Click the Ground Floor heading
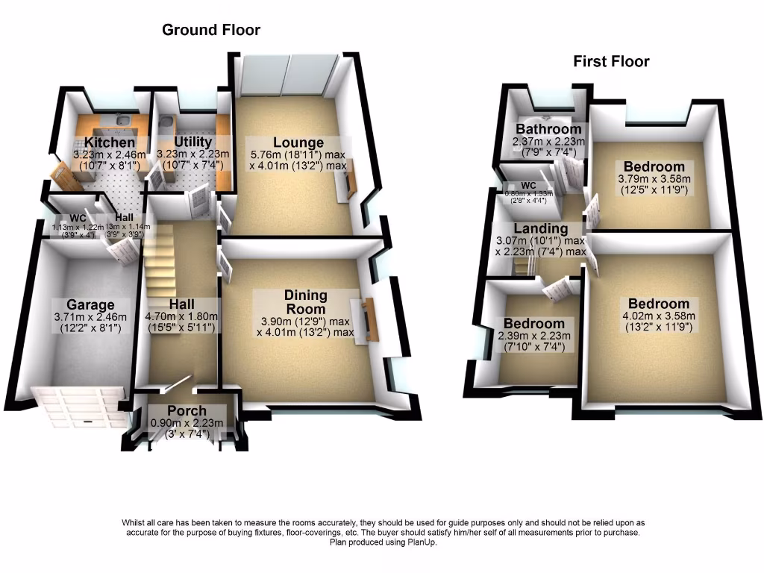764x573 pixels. (x=211, y=31)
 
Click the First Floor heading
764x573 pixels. (x=611, y=62)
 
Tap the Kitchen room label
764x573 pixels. (x=110, y=143)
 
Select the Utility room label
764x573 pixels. (x=193, y=142)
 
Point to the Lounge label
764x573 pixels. (x=298, y=143)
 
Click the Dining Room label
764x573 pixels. (x=305, y=302)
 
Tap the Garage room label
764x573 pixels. (x=90, y=304)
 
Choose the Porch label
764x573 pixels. (x=187, y=411)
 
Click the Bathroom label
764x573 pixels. (x=549, y=129)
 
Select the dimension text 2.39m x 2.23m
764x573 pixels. (x=534, y=336)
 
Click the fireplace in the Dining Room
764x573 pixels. (x=367, y=321)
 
